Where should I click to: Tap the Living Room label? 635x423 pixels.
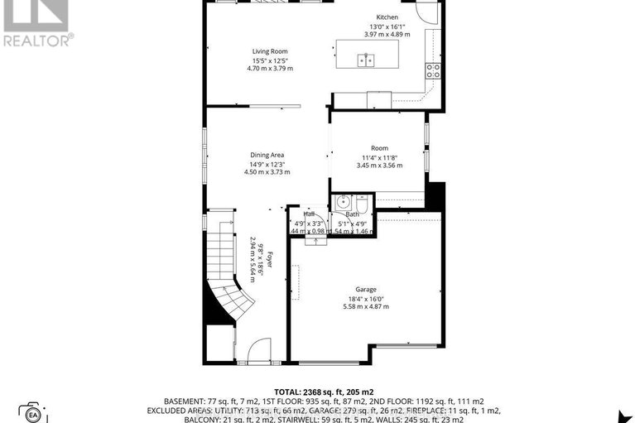pyautogui.click(x=270, y=51)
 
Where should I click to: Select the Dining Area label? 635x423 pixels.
pyautogui.click(x=267, y=155)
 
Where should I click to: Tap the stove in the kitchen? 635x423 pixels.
pyautogui.click(x=432, y=69)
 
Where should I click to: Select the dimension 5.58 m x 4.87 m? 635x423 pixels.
pyautogui.click(x=366, y=306)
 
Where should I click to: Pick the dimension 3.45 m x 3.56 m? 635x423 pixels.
pyautogui.click(x=379, y=166)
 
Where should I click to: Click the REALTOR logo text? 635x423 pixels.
pyautogui.click(x=37, y=38)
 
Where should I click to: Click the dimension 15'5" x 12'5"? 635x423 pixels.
pyautogui.click(x=270, y=60)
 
